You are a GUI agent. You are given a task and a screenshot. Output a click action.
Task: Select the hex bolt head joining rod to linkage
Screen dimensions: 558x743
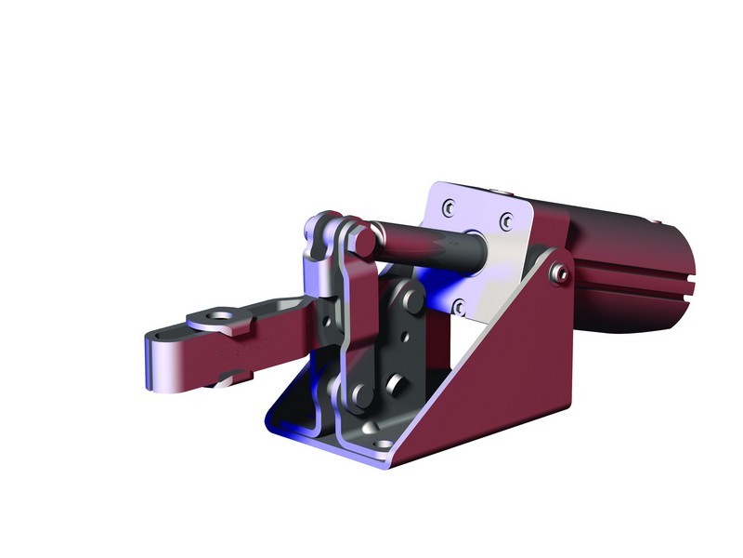click(x=363, y=240)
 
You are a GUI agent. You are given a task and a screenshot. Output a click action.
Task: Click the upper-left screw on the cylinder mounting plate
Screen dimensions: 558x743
click(x=448, y=206)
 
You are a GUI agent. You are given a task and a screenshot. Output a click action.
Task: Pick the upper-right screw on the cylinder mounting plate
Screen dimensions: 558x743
click(x=506, y=220)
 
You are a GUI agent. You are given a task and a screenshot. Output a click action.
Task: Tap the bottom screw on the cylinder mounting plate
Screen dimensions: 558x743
click(x=457, y=307)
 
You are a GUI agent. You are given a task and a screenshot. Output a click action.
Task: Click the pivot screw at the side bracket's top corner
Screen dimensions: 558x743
click(x=558, y=272)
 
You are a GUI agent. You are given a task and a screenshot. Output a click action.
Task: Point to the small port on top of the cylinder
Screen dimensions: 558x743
click(x=656, y=221)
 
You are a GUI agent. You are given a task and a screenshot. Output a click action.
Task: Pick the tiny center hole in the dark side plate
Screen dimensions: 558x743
click(x=402, y=339)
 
